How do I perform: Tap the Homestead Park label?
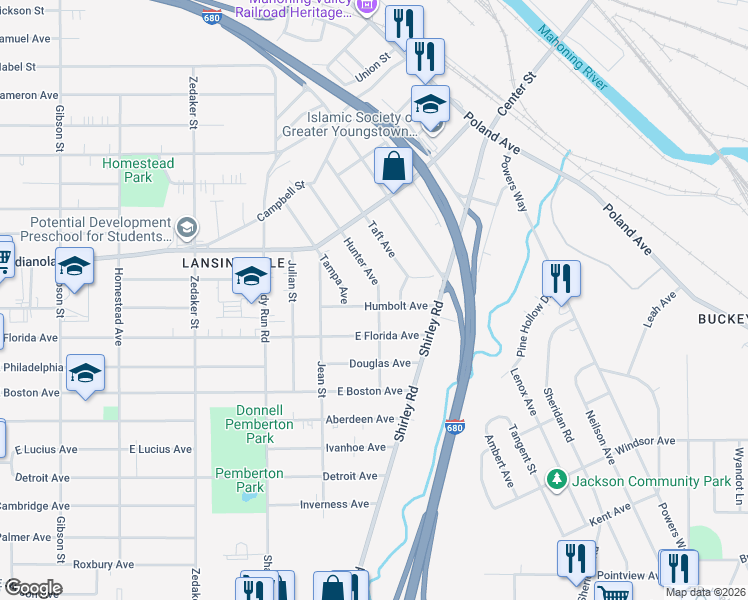138,170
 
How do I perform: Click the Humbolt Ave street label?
395,306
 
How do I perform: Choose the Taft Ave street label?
385,239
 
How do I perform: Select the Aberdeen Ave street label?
359,419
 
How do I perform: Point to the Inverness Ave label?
341,504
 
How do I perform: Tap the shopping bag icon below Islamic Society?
394,166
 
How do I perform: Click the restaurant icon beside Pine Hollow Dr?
561,278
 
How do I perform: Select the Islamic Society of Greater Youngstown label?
360,124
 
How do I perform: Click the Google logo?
32,588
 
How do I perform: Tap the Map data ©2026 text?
704,592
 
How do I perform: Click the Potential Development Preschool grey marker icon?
185,230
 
